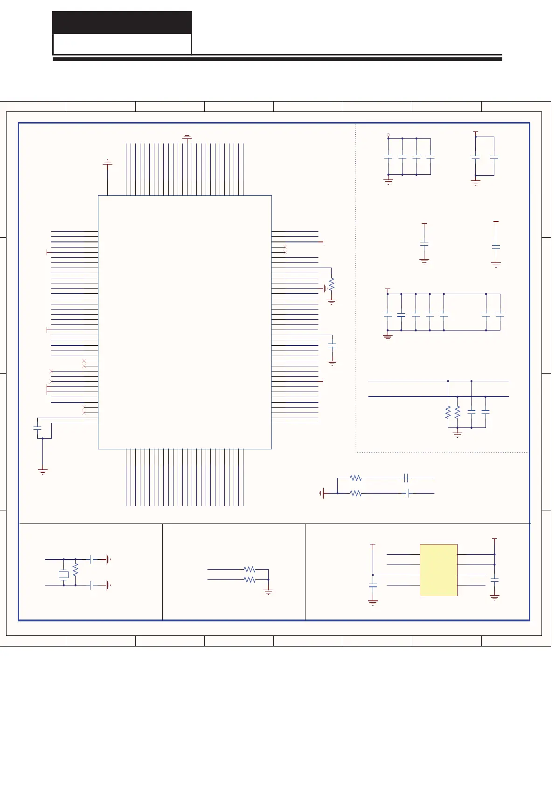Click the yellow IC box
coord(438,570)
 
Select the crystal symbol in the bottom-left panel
coord(63,575)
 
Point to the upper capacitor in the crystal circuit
coord(92,559)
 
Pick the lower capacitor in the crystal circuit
coord(92,585)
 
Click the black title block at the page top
coord(122,22)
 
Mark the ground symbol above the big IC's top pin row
coord(187,137)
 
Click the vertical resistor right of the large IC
coord(332,284)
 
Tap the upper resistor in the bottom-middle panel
coord(250,569)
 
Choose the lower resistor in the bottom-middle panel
coord(250,579)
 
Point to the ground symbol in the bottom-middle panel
coord(268,592)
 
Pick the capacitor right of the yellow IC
coord(495,580)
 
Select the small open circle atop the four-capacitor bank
coord(388,135)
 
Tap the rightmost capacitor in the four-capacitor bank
coord(430,157)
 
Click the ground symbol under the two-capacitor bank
coord(476,183)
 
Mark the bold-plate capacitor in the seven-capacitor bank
coord(401,315)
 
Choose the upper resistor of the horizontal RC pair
coord(356,478)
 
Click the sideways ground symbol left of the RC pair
coord(321,493)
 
